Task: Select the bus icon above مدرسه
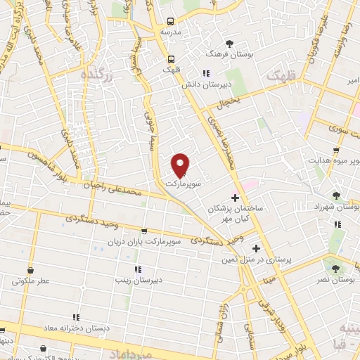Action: [x=171, y=22]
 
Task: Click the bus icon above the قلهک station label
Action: [x=171, y=59]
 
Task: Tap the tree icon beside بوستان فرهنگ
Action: [x=210, y=53]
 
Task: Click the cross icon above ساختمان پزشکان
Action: [x=235, y=198]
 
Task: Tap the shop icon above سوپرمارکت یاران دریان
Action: [x=145, y=231]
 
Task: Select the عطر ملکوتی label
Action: [x=31, y=281]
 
